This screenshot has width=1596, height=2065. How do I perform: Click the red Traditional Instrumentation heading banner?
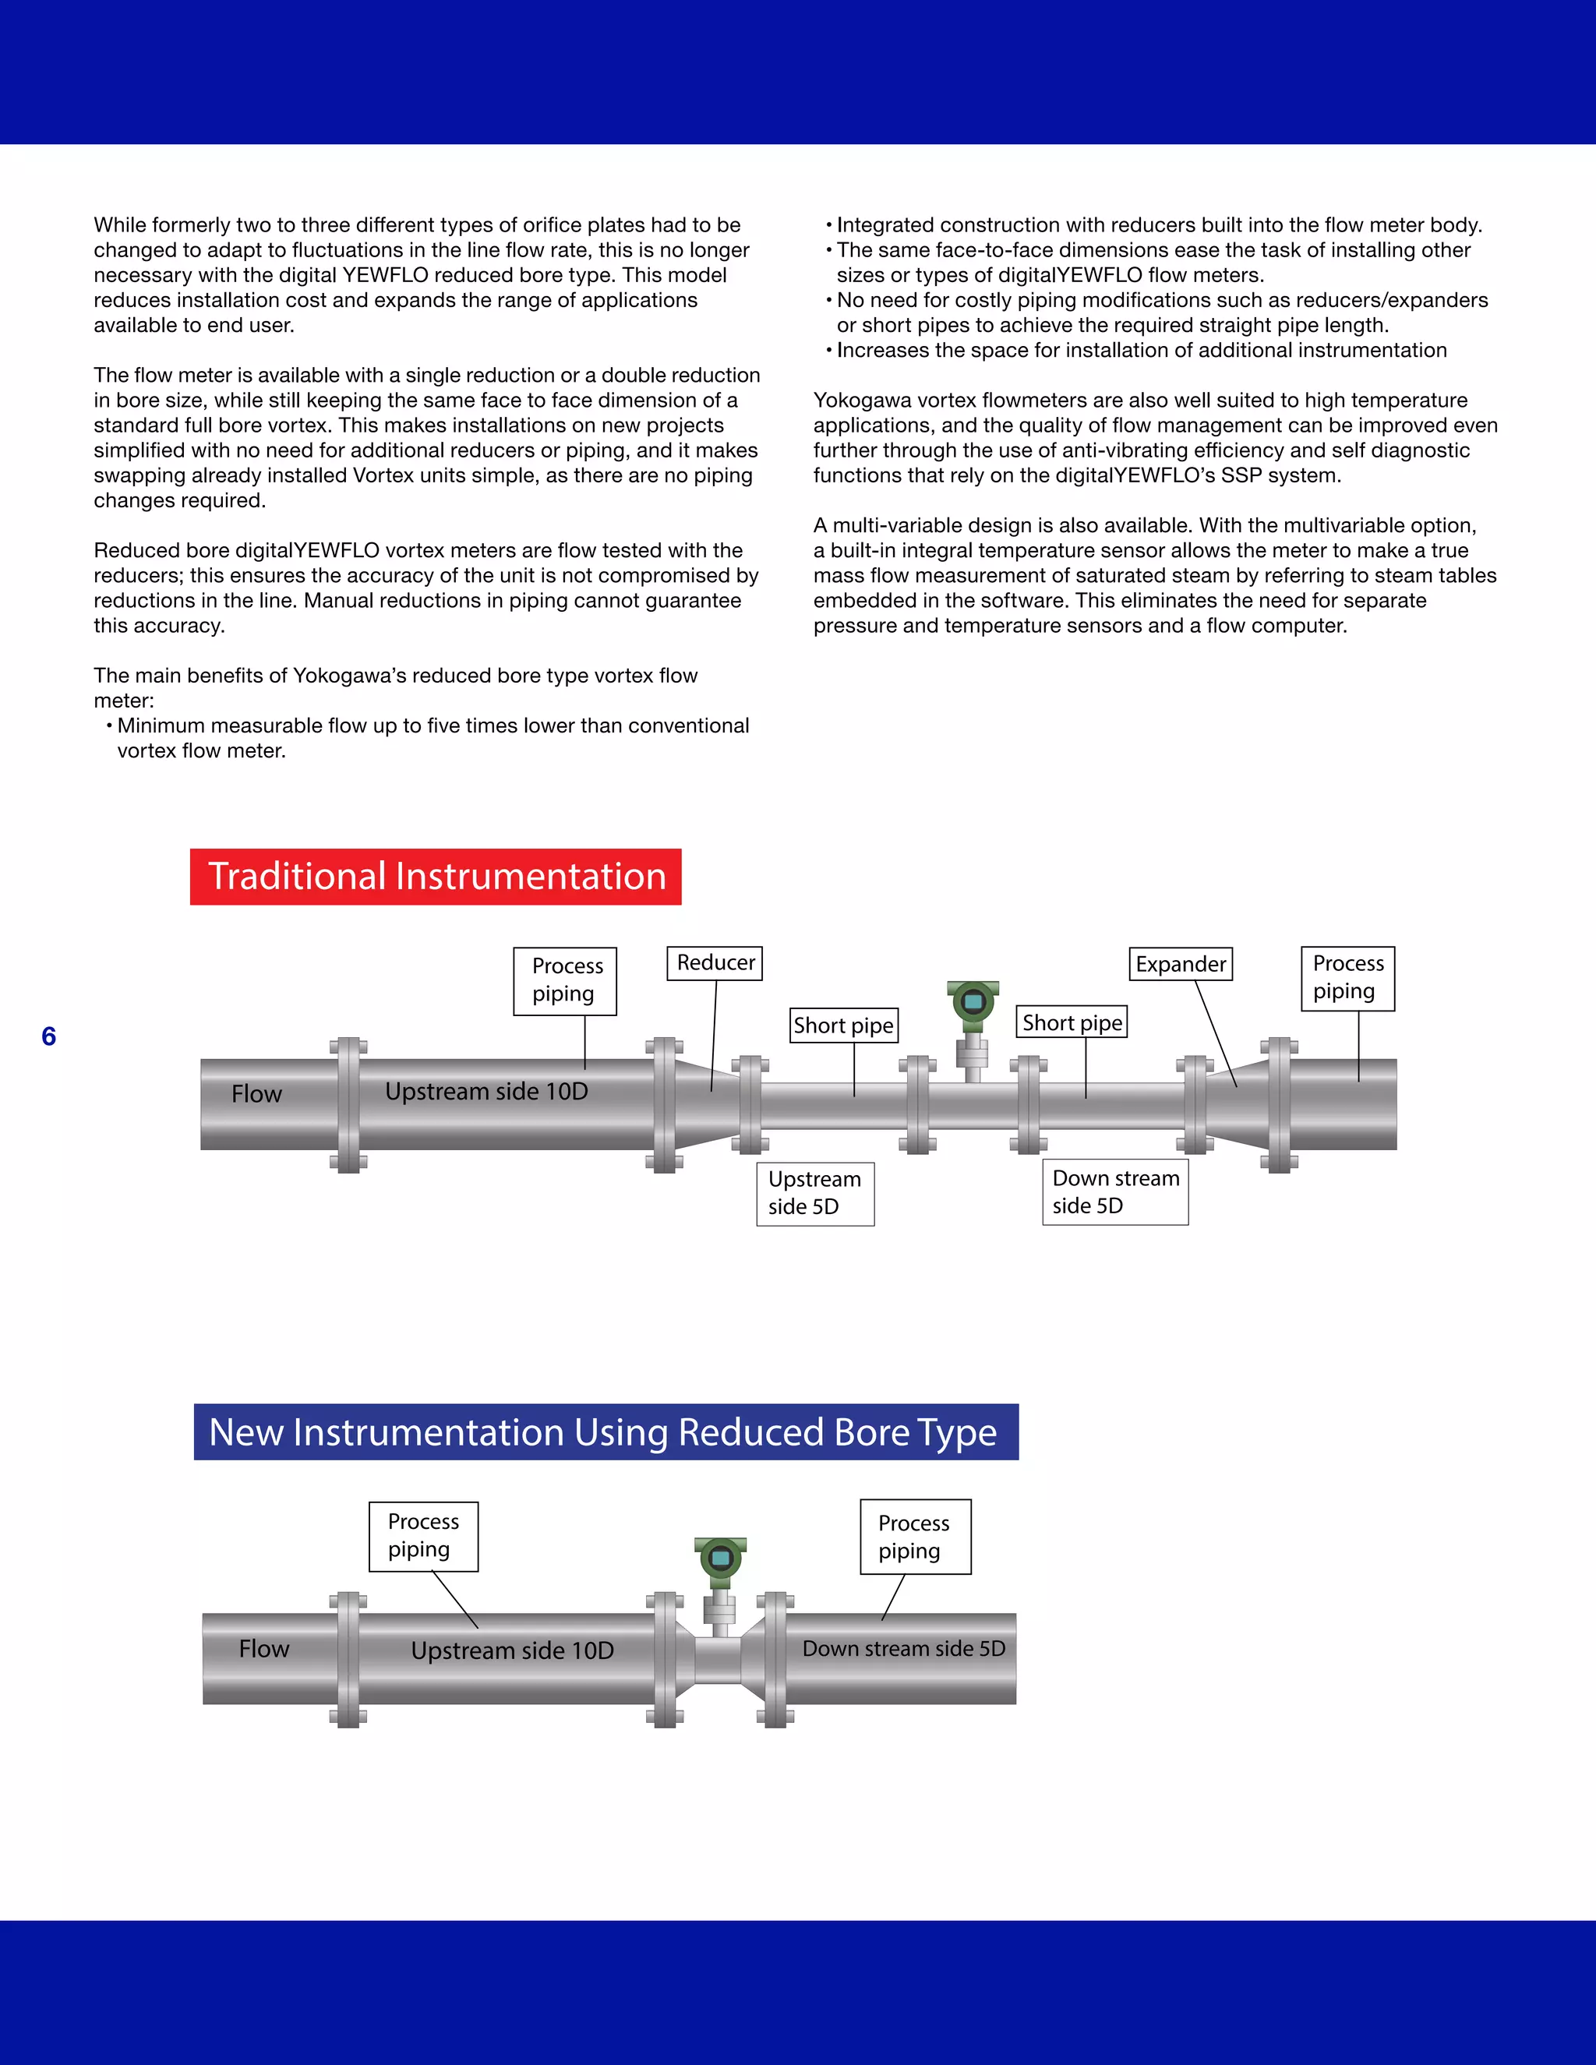435,877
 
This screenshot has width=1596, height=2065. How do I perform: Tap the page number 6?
49,1036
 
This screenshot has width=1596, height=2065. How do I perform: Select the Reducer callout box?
715,962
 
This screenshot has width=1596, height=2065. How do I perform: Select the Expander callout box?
1181,963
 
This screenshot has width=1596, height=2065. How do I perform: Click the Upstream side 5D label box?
815,1193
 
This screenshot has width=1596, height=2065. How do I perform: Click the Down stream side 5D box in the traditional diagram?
1114,1191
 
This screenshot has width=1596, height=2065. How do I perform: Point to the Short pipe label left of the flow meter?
843,1025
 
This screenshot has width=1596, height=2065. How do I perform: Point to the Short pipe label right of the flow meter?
1072,1022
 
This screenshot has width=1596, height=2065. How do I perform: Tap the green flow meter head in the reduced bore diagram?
721,1560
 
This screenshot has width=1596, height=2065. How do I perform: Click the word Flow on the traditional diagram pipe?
257,1094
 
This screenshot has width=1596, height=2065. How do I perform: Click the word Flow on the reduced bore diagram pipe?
264,1649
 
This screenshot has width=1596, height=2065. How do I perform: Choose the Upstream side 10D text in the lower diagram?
513,1651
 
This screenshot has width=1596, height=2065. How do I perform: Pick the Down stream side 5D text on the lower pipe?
903,1649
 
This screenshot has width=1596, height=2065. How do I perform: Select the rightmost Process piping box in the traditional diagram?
1347,978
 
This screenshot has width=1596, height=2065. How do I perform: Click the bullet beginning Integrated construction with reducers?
1158,225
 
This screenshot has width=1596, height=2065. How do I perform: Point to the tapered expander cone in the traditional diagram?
1236,1104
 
